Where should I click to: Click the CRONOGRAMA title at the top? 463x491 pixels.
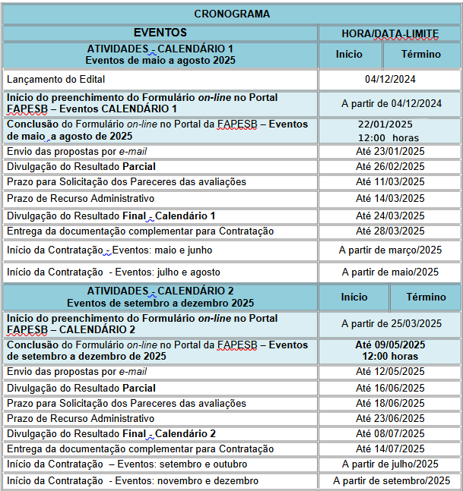click(x=232, y=14)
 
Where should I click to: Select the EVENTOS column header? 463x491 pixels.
click(x=160, y=33)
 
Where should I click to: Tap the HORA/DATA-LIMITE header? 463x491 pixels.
click(x=390, y=33)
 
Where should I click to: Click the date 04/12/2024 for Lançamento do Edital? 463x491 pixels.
click(x=390, y=79)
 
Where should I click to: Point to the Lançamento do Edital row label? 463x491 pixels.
click(x=55, y=79)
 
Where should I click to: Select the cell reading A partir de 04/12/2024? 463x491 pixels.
click(x=391, y=103)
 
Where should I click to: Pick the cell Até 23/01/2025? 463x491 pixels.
click(x=390, y=151)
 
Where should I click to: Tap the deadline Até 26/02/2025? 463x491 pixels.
click(x=390, y=166)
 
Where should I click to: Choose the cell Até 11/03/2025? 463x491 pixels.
click(x=390, y=181)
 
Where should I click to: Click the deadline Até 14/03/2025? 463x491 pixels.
click(x=390, y=198)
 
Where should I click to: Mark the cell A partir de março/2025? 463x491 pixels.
click(x=390, y=250)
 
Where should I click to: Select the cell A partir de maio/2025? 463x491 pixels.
click(x=390, y=272)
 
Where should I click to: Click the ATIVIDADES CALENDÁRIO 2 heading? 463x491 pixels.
click(x=160, y=291)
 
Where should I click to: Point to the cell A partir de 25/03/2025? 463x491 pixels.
click(x=391, y=323)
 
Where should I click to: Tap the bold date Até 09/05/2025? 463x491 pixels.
click(x=390, y=345)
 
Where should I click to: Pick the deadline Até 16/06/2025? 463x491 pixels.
click(x=390, y=387)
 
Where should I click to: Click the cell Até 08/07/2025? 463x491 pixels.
click(x=390, y=433)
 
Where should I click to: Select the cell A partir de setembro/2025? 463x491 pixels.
click(x=391, y=480)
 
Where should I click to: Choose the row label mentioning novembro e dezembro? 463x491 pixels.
click(x=132, y=480)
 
